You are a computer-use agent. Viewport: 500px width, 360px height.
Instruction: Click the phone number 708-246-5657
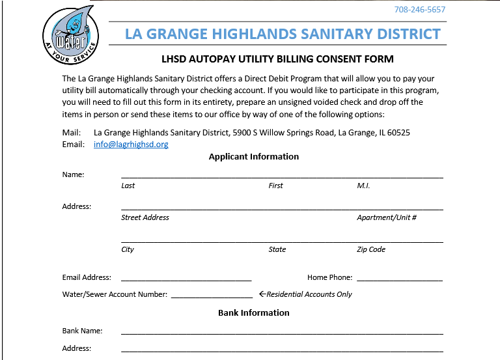coord(420,10)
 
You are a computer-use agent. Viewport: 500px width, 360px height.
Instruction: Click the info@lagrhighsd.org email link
coord(131,145)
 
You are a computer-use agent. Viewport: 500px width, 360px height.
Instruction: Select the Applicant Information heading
coord(254,157)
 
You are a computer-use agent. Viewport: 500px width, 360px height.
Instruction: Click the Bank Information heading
coord(254,313)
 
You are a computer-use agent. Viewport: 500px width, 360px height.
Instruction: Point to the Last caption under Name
coord(128,186)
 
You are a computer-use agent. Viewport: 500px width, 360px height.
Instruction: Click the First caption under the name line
coord(276,186)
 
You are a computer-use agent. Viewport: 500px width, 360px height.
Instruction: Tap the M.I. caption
coord(363,186)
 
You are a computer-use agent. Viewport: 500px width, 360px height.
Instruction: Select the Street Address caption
coord(145,218)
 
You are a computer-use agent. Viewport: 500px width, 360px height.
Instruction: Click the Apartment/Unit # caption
coord(387,218)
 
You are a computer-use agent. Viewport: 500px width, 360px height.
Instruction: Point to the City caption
coord(128,250)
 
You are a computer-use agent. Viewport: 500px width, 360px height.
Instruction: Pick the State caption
coord(277,250)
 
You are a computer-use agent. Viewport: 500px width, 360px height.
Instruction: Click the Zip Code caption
coord(371,250)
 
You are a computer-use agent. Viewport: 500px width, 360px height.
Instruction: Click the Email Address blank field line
coord(186,279)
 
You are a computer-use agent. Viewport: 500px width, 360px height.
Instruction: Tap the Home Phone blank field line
coord(400,279)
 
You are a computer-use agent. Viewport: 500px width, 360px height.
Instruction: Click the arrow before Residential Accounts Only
coord(262,294)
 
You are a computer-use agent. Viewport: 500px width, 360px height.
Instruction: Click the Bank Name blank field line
coord(282,333)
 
